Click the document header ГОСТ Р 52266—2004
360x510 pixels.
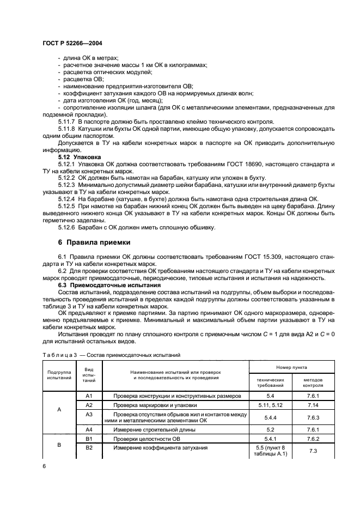coord(72,42)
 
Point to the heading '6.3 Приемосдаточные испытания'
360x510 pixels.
coord(109,284)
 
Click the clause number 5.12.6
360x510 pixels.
coord(68,227)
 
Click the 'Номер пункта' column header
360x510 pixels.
coord(294,368)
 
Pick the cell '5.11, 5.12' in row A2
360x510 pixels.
coord(270,406)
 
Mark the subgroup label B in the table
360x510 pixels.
coord(59,445)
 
